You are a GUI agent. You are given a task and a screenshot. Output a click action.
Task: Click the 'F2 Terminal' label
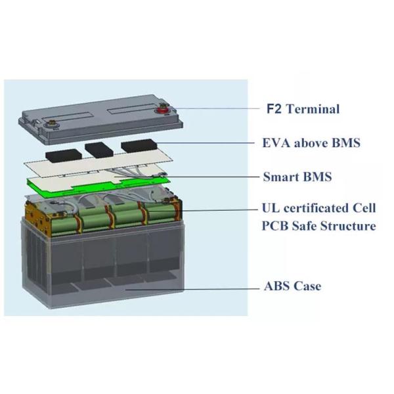[303, 109]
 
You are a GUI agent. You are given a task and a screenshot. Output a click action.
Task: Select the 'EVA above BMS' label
[311, 143]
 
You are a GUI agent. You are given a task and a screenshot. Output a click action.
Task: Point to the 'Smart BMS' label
[297, 177]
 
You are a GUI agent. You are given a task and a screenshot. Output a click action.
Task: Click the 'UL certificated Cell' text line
[318, 208]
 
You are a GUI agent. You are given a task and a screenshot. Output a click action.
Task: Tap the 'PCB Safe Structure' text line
[318, 226]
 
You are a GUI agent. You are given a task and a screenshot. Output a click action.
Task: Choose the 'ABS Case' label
[292, 286]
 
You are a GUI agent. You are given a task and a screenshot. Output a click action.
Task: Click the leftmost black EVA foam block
[64, 156]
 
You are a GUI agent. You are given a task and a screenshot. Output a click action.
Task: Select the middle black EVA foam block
[99, 150]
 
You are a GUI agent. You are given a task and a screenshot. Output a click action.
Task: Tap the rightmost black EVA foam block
[139, 146]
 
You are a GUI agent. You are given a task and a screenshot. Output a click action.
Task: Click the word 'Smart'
[281, 177]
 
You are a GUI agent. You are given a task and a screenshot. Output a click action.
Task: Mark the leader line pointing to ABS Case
[192, 289]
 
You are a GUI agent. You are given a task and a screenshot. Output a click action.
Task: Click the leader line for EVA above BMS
[205, 143]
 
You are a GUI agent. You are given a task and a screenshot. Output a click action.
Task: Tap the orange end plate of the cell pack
[37, 216]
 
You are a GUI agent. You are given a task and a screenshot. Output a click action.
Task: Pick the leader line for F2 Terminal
[214, 108]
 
